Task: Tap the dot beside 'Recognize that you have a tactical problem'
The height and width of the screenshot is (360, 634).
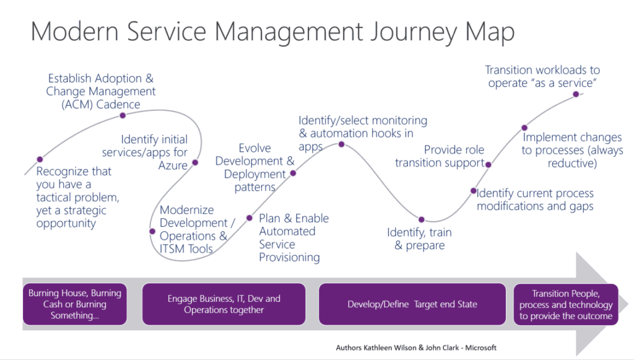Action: [x=40, y=159]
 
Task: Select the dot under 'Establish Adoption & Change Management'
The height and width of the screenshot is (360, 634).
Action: [x=123, y=115]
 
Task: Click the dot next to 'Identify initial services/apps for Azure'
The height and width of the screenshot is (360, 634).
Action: [x=195, y=163]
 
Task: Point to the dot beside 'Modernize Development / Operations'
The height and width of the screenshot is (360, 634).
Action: [x=152, y=231]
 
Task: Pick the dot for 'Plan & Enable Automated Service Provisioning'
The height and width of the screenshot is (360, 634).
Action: [x=250, y=217]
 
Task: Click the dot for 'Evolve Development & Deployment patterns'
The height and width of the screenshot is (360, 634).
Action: [x=293, y=173]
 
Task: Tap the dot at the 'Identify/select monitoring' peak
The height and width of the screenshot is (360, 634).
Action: [x=341, y=144]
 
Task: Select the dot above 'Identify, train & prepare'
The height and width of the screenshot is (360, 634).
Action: [x=422, y=219]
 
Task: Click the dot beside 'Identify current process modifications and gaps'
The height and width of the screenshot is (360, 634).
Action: [x=473, y=191]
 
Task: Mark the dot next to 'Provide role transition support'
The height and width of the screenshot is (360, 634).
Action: [x=489, y=164]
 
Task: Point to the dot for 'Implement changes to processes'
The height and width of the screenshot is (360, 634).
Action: [x=524, y=127]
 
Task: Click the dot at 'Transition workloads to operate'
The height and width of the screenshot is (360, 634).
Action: [x=576, y=94]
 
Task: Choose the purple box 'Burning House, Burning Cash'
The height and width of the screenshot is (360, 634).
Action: [x=75, y=304]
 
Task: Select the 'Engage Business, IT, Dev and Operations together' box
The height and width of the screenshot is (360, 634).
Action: [x=224, y=304]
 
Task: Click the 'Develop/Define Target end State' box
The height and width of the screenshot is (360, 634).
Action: [x=412, y=304]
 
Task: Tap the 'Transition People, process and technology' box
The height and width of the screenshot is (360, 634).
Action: [x=566, y=304]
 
